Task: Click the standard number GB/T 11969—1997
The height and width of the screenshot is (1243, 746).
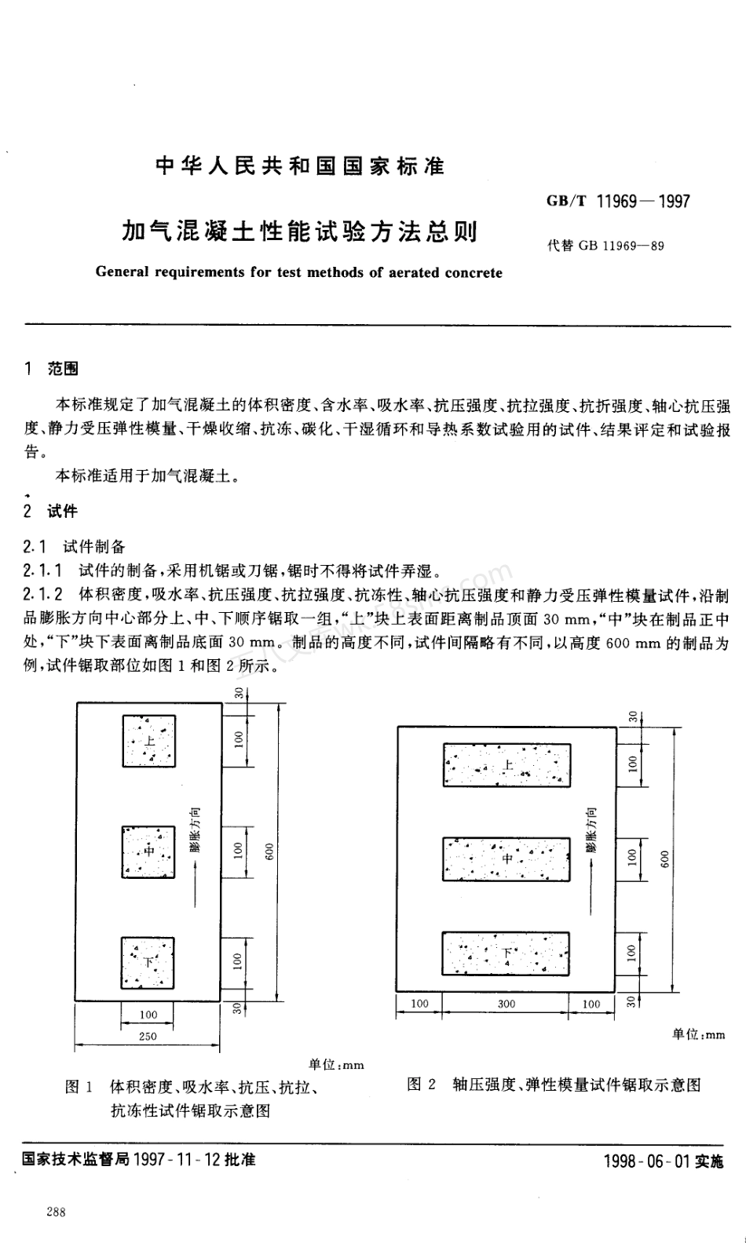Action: pyautogui.click(x=618, y=201)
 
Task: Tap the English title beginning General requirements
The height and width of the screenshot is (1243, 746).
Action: pyautogui.click(x=298, y=273)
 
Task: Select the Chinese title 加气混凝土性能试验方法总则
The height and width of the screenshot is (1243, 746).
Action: pyautogui.click(x=299, y=231)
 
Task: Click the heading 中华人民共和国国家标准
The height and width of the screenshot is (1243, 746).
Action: pyautogui.click(x=300, y=166)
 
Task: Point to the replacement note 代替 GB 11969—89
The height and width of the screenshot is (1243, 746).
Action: pyautogui.click(x=605, y=246)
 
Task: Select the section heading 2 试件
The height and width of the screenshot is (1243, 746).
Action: pyautogui.click(x=51, y=512)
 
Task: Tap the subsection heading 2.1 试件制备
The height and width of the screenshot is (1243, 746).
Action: pyautogui.click(x=75, y=546)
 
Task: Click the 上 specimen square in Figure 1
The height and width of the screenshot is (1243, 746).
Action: pyautogui.click(x=148, y=741)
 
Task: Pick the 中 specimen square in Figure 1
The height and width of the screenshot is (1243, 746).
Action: pyautogui.click(x=148, y=851)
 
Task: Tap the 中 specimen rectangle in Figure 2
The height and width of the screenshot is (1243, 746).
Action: pyautogui.click(x=506, y=859)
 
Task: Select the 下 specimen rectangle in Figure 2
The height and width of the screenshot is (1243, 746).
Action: pyautogui.click(x=506, y=953)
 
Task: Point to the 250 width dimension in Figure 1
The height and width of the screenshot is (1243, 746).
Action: pyautogui.click(x=148, y=1037)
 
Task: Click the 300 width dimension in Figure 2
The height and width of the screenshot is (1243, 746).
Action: pyautogui.click(x=506, y=1004)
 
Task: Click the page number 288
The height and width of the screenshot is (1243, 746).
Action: pyautogui.click(x=56, y=1212)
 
